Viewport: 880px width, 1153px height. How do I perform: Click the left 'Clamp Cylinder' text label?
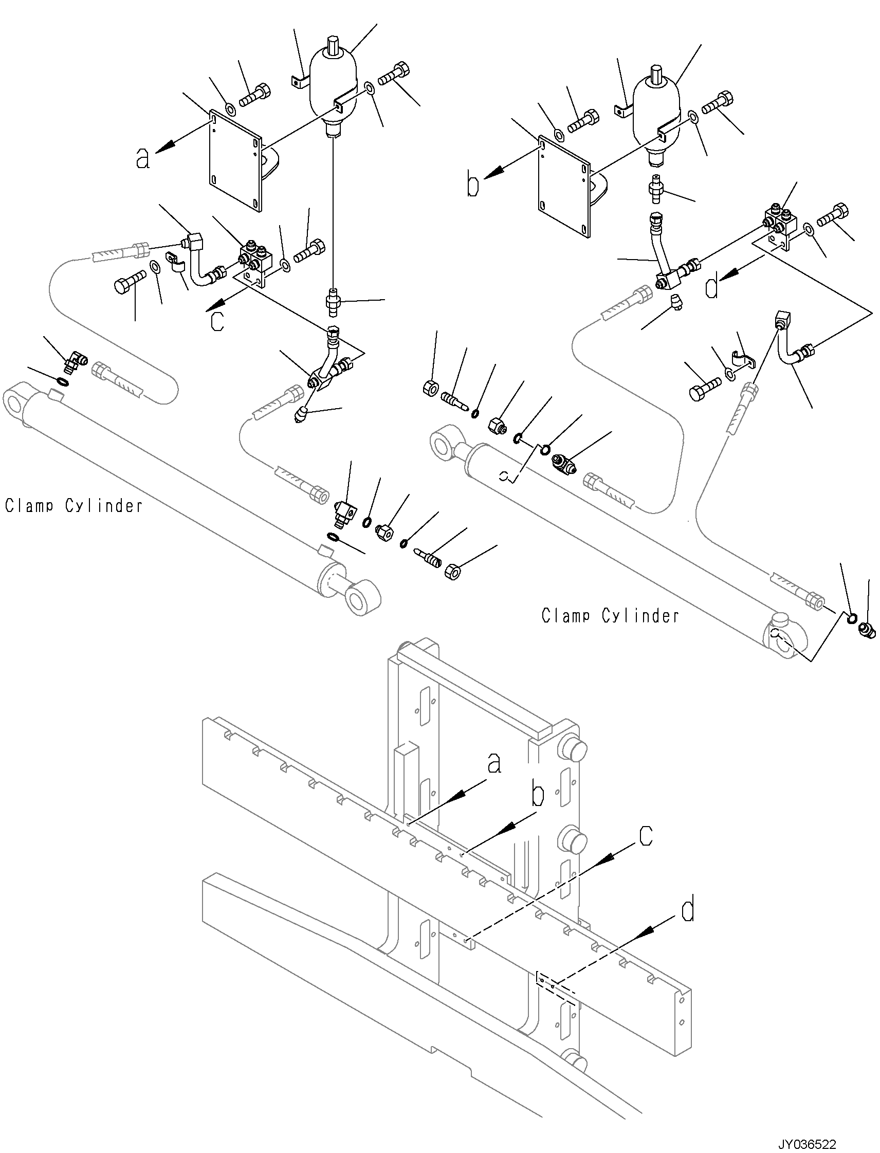click(74, 505)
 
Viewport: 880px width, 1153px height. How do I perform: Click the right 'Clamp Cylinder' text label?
click(610, 615)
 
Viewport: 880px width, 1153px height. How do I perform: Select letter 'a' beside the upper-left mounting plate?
click(142, 158)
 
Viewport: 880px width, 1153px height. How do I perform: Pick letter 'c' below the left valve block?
click(217, 322)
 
